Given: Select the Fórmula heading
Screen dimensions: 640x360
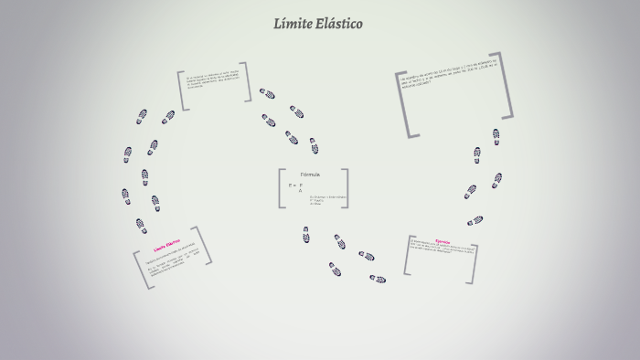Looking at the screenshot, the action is [x=310, y=174].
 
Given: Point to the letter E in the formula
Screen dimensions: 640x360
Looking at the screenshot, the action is [x=290, y=185].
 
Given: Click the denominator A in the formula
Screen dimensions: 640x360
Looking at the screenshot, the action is [x=300, y=191].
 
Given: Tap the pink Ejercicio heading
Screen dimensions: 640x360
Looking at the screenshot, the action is [x=443, y=242].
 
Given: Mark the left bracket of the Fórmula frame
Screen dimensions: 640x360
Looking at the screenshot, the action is [x=280, y=188].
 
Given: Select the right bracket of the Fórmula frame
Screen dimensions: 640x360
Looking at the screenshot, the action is [x=346, y=188].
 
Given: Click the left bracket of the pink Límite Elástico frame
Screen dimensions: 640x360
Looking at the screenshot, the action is [x=140, y=269].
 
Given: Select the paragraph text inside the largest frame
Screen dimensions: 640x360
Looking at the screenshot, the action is [x=452, y=81].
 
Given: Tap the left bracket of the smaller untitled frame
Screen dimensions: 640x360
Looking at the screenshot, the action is [x=181, y=90].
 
